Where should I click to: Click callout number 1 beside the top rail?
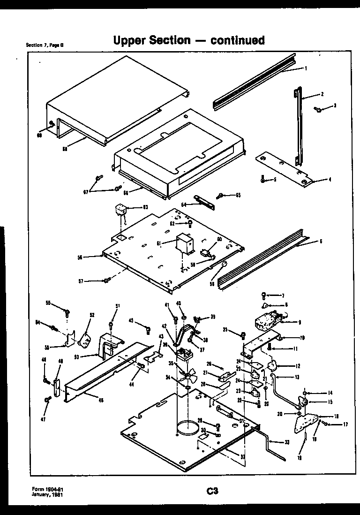tap(306, 68)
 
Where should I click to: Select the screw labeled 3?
tap(318, 109)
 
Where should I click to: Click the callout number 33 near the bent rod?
tap(287, 442)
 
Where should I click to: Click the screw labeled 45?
tap(148, 329)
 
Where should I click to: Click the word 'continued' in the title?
tap(237, 40)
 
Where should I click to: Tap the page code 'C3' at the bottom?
tap(212, 492)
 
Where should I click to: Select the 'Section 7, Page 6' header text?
tap(45, 45)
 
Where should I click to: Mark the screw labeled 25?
tap(243, 334)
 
